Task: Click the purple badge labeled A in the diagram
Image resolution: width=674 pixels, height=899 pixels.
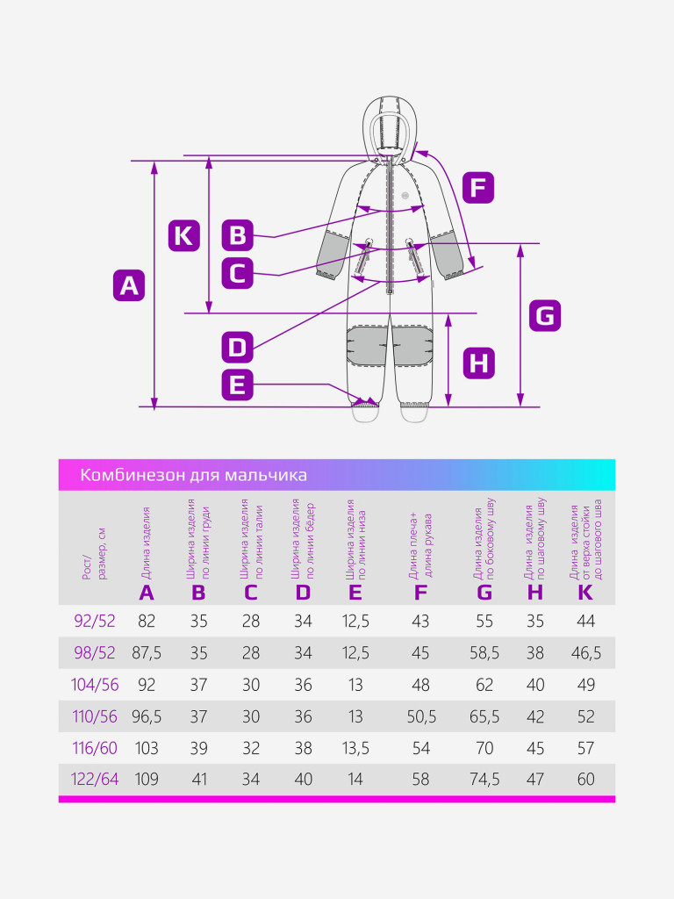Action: [x=129, y=285]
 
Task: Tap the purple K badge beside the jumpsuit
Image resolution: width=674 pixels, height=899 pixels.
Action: [x=183, y=235]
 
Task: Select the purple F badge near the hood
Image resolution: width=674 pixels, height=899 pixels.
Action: [x=478, y=188]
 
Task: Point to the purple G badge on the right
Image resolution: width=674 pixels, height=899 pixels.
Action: [x=545, y=315]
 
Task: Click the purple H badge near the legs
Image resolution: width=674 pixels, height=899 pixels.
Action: [x=478, y=363]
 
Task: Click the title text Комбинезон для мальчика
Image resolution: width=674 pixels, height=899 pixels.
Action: [x=194, y=475]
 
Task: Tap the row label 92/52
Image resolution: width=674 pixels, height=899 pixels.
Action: [x=95, y=622]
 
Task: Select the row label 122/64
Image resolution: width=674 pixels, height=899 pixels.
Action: [x=95, y=779]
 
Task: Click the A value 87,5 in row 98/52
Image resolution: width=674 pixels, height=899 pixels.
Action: [x=147, y=653]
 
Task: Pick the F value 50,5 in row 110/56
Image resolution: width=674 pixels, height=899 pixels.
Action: [x=420, y=716]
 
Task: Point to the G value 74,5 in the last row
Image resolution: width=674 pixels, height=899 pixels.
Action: [x=484, y=779]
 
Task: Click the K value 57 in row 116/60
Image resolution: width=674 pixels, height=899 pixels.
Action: [x=585, y=748]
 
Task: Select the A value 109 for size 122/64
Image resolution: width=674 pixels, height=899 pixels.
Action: [x=147, y=779]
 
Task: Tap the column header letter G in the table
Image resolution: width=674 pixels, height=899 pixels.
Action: [x=484, y=593]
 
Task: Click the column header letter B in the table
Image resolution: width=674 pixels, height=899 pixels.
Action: [x=199, y=593]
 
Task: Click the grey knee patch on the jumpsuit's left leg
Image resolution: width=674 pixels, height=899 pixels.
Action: [x=366, y=342]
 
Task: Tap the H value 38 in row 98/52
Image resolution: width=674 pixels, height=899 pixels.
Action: [x=535, y=653]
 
